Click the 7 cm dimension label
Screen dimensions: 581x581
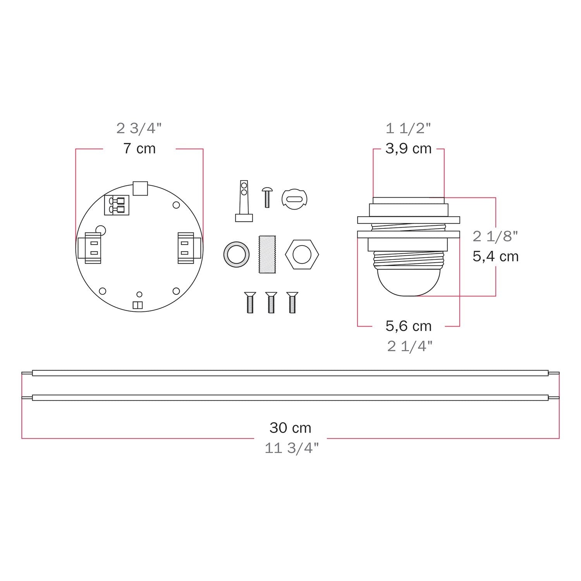[139, 149]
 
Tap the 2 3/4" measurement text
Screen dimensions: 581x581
[139, 128]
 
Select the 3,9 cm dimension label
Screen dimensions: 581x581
[408, 149]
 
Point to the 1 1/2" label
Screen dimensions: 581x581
[408, 128]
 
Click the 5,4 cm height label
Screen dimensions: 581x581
[495, 256]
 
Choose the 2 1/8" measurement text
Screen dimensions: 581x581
[495, 236]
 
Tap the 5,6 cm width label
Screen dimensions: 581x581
[408, 326]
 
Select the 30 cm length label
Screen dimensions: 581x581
[290, 428]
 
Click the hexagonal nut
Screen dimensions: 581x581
[302, 255]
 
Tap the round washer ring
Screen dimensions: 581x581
[236, 255]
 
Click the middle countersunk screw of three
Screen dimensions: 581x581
[271, 302]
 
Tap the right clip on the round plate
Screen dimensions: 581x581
[188, 248]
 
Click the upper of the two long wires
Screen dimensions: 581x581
[290, 373]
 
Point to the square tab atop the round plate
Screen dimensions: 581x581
[140, 188]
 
